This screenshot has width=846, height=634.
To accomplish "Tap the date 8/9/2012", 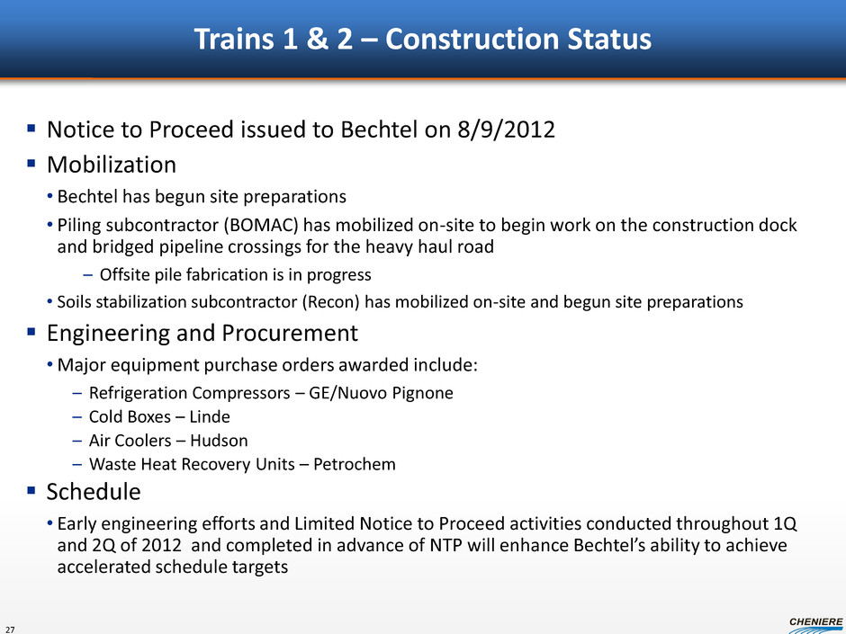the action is [506, 129].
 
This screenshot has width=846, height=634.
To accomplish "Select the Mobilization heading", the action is [112, 165].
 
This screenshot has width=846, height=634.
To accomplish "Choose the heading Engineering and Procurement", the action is [202, 333].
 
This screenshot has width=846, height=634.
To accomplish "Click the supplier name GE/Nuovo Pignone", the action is [381, 393].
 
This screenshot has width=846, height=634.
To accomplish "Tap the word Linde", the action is [210, 416].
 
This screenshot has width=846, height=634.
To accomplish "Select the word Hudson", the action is [219, 441].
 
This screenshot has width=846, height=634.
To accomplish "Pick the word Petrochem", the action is [355, 464].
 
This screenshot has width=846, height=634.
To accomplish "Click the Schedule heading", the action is [94, 492].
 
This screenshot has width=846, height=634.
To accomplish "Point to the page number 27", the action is [11, 630].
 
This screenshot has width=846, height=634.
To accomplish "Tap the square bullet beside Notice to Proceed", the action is [31, 129].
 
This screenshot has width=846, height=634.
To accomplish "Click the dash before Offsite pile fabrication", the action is [88, 275].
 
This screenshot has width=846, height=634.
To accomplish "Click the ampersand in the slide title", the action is [318, 40].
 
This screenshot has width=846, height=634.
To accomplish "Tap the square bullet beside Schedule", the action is [31, 491].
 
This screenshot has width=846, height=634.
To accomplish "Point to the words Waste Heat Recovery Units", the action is [192, 464].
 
